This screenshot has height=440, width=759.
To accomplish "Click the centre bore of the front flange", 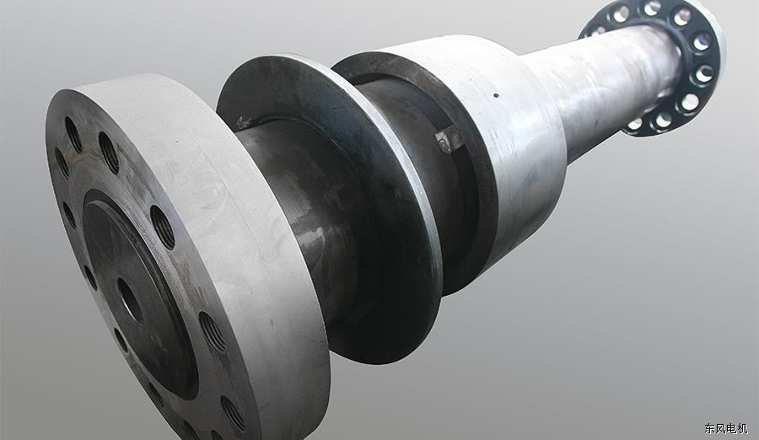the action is tap(130, 300).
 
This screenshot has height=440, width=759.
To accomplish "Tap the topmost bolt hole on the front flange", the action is tap(73, 134).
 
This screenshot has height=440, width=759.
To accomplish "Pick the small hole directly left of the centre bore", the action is tap(90, 277).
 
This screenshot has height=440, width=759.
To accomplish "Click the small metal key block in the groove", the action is tap(449, 139).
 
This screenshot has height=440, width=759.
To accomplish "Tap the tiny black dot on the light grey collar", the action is tap(496, 95).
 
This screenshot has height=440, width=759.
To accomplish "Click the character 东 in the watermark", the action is tap(710, 428).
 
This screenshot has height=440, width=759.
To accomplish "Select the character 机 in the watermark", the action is tap(742, 428).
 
